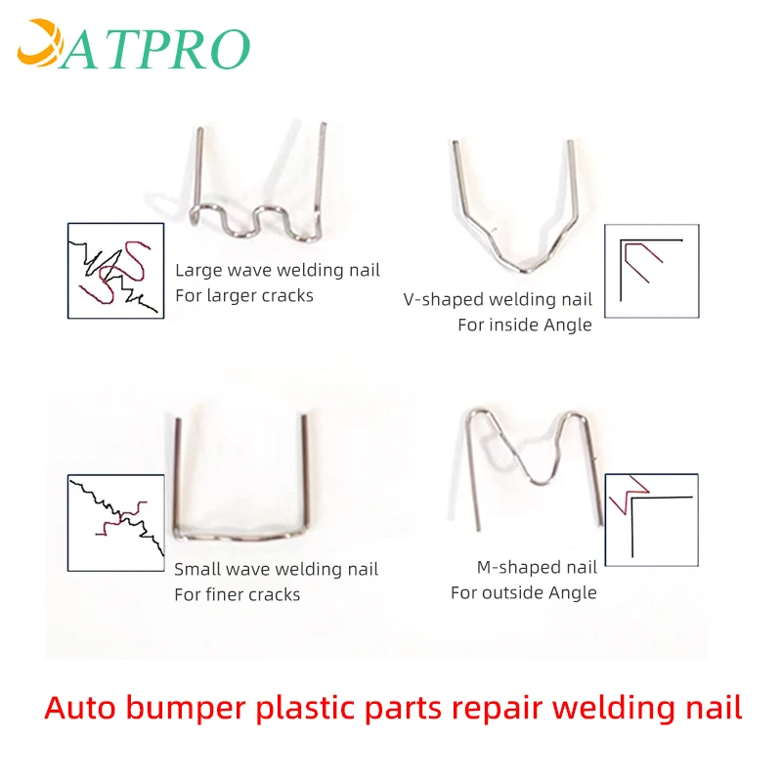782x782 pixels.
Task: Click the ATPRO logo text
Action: tap(156, 47)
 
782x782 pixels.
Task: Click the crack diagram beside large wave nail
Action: tap(115, 271)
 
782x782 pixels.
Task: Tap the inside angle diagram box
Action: tap(651, 271)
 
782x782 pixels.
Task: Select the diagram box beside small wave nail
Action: tap(115, 522)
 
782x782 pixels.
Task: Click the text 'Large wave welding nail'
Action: tap(278, 271)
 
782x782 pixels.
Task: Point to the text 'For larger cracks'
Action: tap(244, 295)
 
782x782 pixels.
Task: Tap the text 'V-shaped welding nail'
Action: tap(498, 300)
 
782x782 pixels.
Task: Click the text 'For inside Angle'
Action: tap(524, 325)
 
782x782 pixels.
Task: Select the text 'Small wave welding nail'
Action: tap(276, 570)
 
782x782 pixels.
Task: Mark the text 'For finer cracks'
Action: tap(238, 594)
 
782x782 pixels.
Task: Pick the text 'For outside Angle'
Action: tap(523, 592)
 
